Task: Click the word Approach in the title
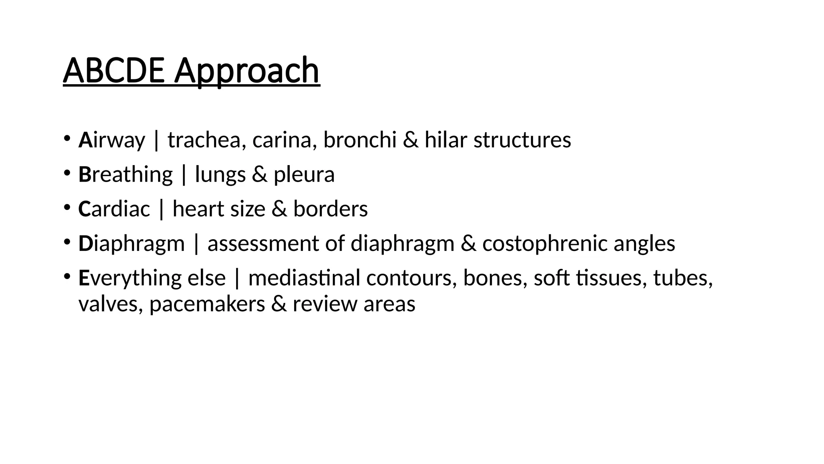click(247, 71)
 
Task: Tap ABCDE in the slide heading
click(113, 71)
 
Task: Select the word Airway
click(111, 140)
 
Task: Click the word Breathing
click(126, 175)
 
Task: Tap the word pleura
click(304, 175)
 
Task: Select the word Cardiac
click(114, 209)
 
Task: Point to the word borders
click(330, 209)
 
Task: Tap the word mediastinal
click(304, 278)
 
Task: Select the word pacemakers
click(207, 304)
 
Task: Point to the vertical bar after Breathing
click(184, 175)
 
